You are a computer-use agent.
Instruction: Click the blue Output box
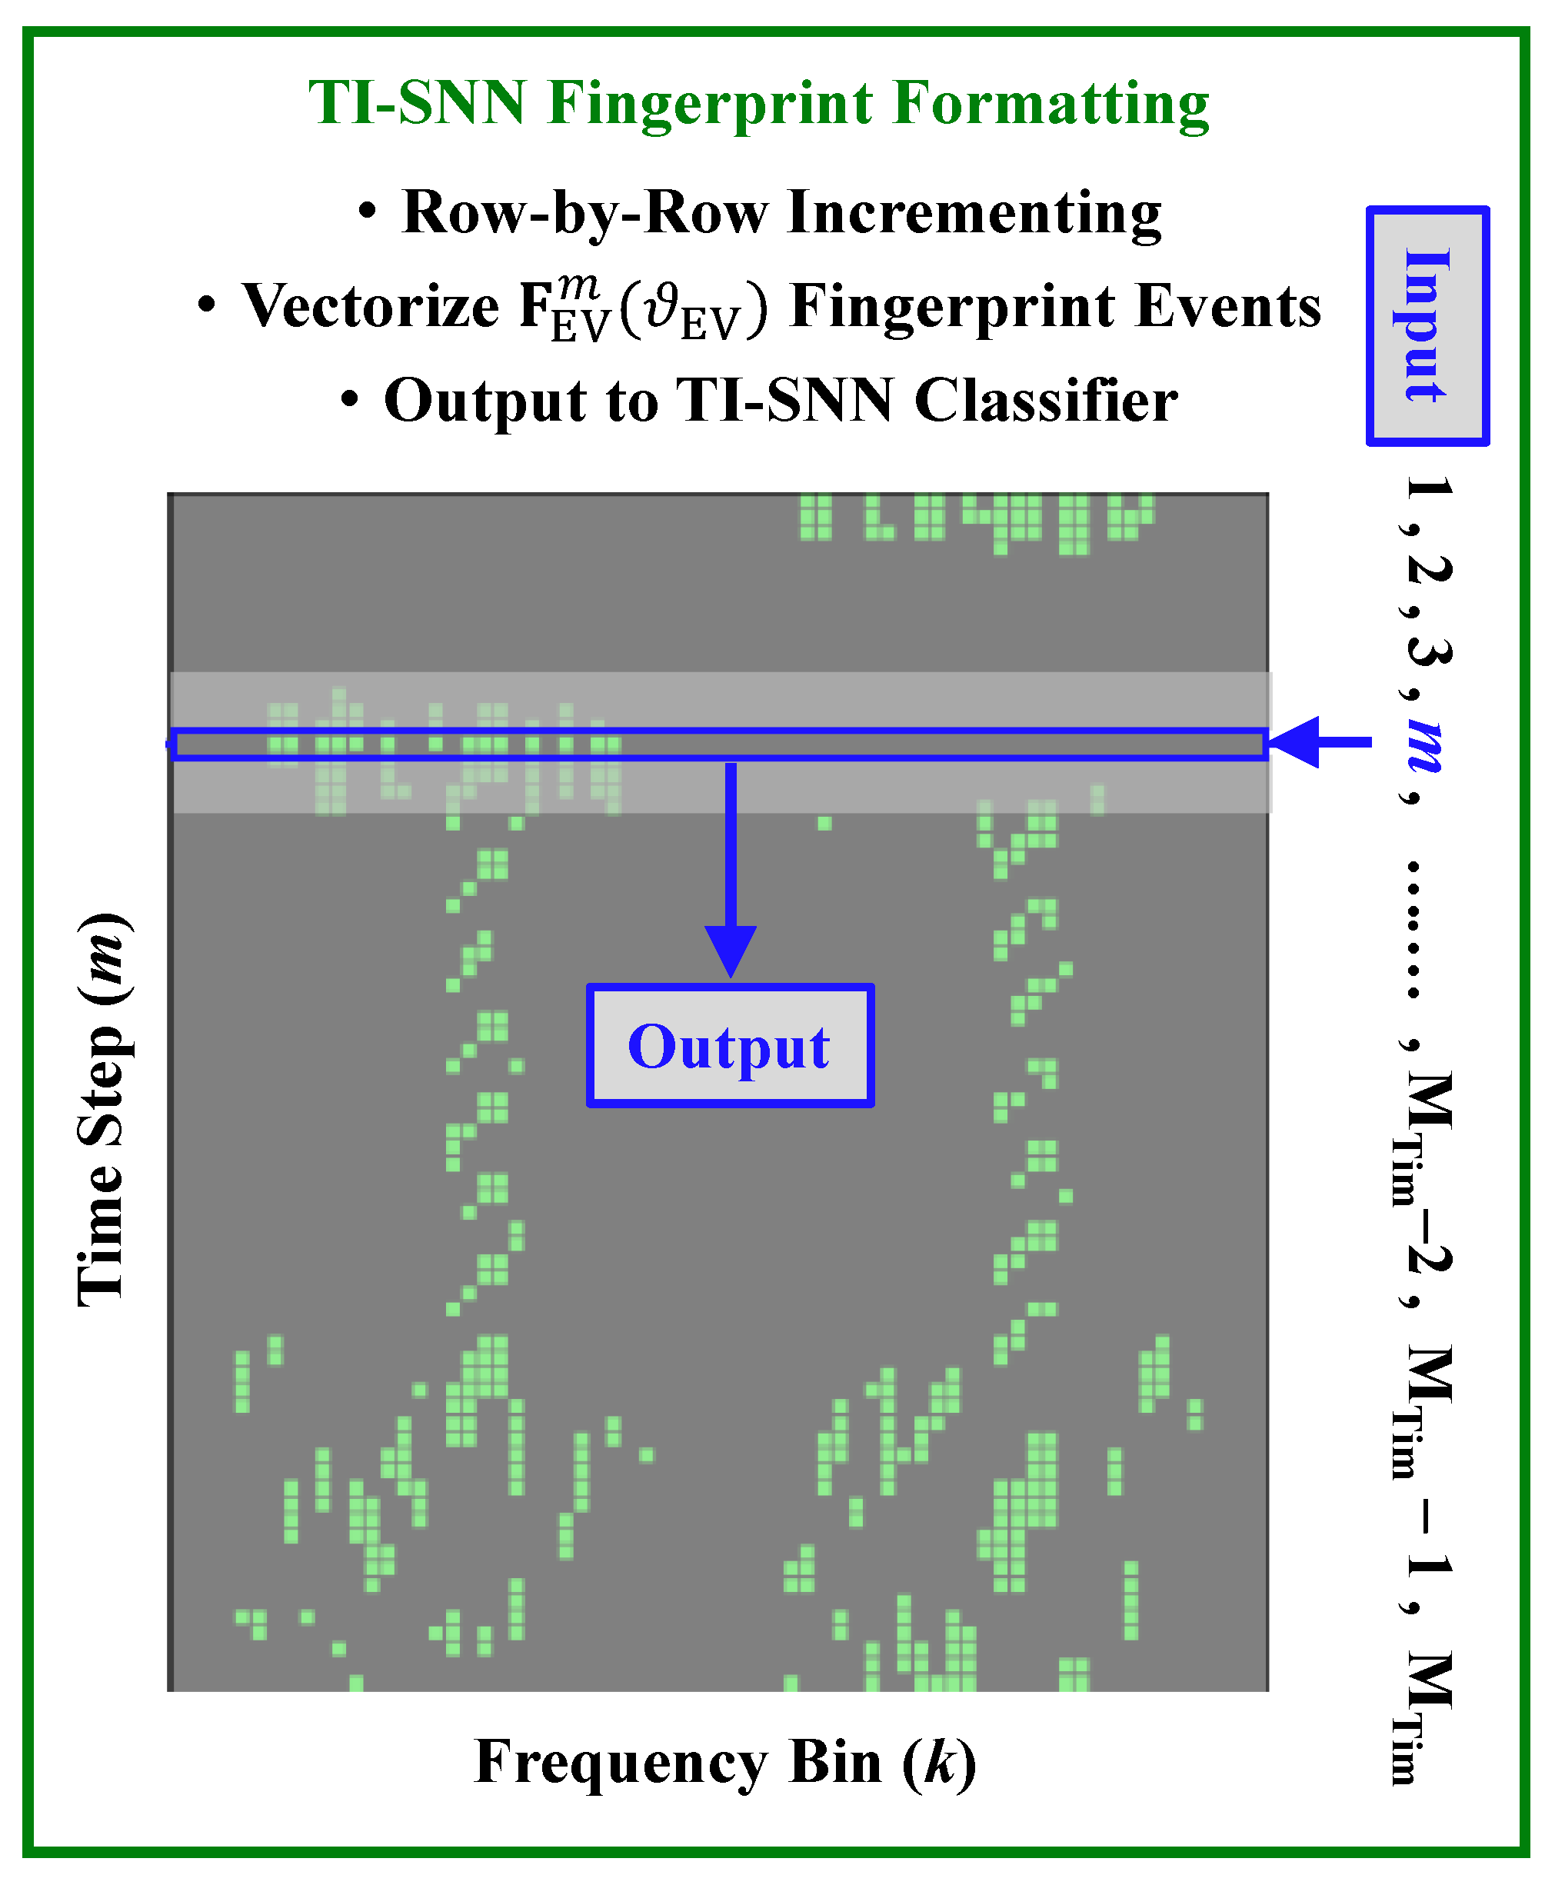coord(730,1045)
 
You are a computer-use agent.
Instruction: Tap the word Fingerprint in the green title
coord(711,104)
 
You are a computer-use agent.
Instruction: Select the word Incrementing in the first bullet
coord(974,212)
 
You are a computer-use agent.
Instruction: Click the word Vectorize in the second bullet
coord(371,305)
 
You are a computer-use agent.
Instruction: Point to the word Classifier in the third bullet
coord(1046,400)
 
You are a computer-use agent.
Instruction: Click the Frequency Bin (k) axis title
coord(725,1761)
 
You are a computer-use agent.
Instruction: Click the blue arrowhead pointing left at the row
coord(1294,742)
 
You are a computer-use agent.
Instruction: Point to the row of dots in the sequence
coord(1413,930)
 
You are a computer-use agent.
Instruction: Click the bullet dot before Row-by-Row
coord(366,212)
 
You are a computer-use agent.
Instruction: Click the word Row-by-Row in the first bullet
coord(586,212)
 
